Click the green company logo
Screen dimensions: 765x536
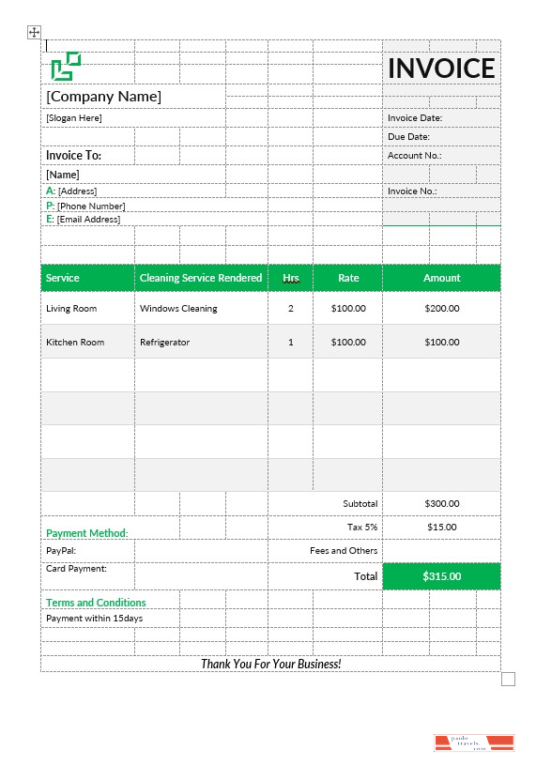66,66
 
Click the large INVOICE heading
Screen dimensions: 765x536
441,68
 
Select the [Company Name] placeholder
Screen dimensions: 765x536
104,97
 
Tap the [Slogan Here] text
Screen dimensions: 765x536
74,118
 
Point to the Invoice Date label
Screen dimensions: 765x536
415,118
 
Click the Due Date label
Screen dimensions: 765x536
409,137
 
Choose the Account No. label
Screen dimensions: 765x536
414,156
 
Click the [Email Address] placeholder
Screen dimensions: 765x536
88,220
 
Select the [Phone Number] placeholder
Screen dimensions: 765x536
91,206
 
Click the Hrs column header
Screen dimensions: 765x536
291,278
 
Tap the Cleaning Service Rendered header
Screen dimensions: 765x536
201,278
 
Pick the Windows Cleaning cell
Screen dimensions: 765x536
178,308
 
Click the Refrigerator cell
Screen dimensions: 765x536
164,342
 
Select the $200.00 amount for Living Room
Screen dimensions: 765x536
441,308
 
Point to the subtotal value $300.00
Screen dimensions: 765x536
441,504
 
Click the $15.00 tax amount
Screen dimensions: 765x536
441,527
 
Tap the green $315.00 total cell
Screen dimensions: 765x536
441,576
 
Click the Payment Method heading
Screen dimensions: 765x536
87,533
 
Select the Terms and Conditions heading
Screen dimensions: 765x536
96,603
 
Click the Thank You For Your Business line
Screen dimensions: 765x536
270,664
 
